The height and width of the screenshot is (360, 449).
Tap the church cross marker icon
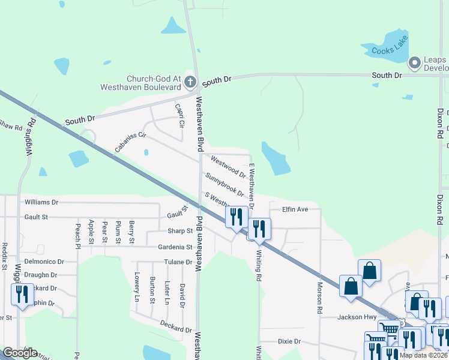(x=190, y=82)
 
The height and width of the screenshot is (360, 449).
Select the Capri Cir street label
(x=179, y=116)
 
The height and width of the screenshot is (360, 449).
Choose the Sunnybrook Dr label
(x=224, y=185)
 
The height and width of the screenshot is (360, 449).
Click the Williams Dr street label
(x=41, y=203)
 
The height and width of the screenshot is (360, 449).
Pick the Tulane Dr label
(x=178, y=262)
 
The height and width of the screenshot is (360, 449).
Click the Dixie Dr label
(x=289, y=341)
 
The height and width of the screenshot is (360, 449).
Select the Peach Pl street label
(x=77, y=236)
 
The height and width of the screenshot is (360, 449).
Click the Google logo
(x=20, y=353)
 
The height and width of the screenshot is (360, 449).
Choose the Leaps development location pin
(x=414, y=62)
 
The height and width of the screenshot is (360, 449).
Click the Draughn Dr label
(x=41, y=275)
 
